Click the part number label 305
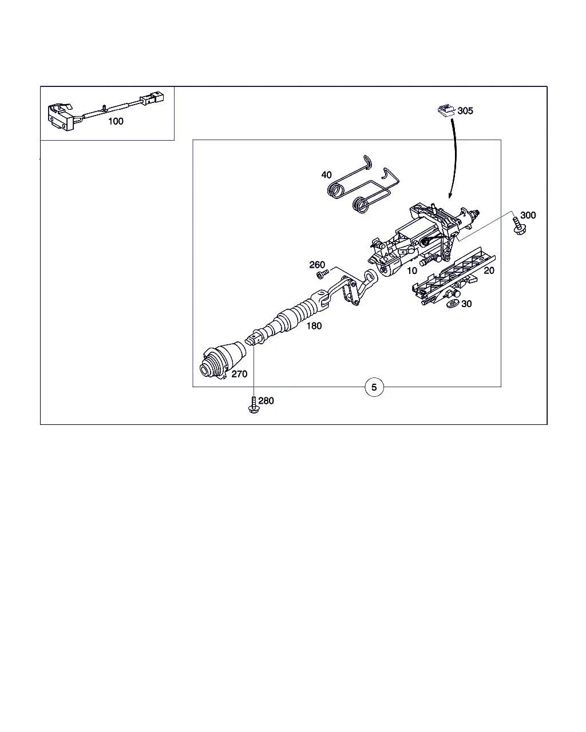pyautogui.click(x=465, y=111)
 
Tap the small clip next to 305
pyautogui.click(x=446, y=110)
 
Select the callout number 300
pyautogui.click(x=528, y=216)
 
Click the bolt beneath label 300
pyautogui.click(x=518, y=226)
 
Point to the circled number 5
pyautogui.click(x=374, y=387)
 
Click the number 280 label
pyautogui.click(x=266, y=401)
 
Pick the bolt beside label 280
pyautogui.click(x=254, y=405)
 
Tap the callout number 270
pyautogui.click(x=239, y=374)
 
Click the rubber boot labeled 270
pyautogui.click(x=223, y=360)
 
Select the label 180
pyautogui.click(x=314, y=326)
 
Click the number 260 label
pyautogui.click(x=317, y=265)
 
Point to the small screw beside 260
pyautogui.click(x=322, y=274)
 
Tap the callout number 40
pyautogui.click(x=326, y=175)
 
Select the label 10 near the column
pyautogui.click(x=412, y=270)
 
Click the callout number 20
pyautogui.click(x=489, y=270)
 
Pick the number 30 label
pyautogui.click(x=466, y=304)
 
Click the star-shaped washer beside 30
pyautogui.click(x=453, y=304)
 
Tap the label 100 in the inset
pyautogui.click(x=116, y=121)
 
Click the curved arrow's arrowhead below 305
pyautogui.click(x=450, y=195)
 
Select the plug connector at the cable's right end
pyautogui.click(x=152, y=98)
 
